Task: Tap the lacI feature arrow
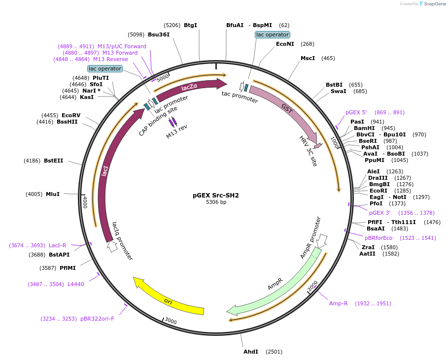105,172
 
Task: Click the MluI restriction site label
53,194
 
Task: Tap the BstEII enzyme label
53,161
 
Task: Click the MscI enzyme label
308,58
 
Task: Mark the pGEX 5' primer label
356,112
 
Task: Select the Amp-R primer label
339,303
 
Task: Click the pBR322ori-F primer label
97,319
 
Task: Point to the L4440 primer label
76,284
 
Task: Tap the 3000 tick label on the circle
171,321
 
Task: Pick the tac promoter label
240,97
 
